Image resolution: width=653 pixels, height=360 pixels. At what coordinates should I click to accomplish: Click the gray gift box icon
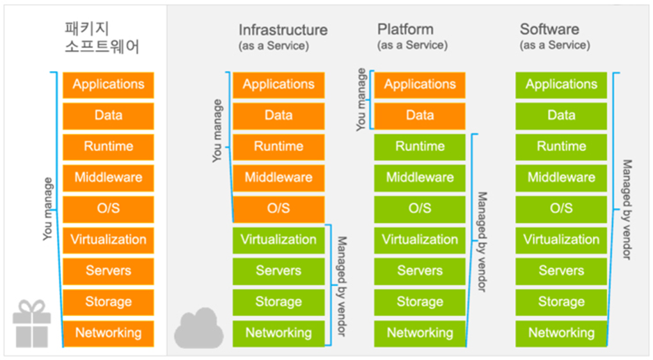pyautogui.click(x=31, y=324)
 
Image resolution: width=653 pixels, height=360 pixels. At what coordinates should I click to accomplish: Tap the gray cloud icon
pyautogui.click(x=198, y=329)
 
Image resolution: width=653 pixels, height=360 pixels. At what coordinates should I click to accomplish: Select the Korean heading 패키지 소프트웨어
pyautogui.click(x=102, y=38)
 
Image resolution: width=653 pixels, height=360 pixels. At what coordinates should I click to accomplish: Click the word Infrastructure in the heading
pyautogui.click(x=283, y=30)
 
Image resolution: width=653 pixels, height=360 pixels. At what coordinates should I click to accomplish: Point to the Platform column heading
pyautogui.click(x=412, y=36)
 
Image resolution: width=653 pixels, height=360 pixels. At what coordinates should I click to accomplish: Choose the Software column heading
pyautogui.click(x=555, y=36)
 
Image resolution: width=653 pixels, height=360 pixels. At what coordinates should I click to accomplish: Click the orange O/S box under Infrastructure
pyautogui.click(x=278, y=208)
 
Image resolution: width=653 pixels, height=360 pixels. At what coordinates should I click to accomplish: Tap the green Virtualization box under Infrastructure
pyautogui.click(x=278, y=240)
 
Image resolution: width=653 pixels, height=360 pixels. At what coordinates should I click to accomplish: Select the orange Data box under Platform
pyautogui.click(x=420, y=116)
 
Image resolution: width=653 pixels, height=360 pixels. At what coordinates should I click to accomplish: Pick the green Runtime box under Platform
pyautogui.click(x=420, y=147)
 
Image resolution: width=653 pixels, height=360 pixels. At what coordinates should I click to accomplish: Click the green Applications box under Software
pyautogui.click(x=561, y=84)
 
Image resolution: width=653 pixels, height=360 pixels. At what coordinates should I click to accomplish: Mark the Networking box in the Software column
pyautogui.click(x=561, y=333)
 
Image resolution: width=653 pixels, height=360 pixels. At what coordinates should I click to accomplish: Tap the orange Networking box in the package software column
pyautogui.click(x=109, y=333)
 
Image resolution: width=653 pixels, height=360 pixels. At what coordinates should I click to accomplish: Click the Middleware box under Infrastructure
pyautogui.click(x=278, y=178)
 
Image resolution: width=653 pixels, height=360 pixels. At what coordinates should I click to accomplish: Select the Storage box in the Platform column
pyautogui.click(x=420, y=302)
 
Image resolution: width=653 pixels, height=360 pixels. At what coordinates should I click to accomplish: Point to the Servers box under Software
pyautogui.click(x=561, y=271)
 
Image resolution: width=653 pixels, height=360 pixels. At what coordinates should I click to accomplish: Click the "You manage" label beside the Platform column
pyautogui.click(x=361, y=100)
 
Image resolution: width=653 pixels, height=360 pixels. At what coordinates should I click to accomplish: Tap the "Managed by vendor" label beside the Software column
pyautogui.click(x=627, y=210)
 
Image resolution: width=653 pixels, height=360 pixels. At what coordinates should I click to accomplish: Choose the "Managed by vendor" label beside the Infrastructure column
pyautogui.click(x=342, y=286)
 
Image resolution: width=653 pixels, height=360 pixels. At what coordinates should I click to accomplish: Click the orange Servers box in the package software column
pyautogui.click(x=109, y=271)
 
